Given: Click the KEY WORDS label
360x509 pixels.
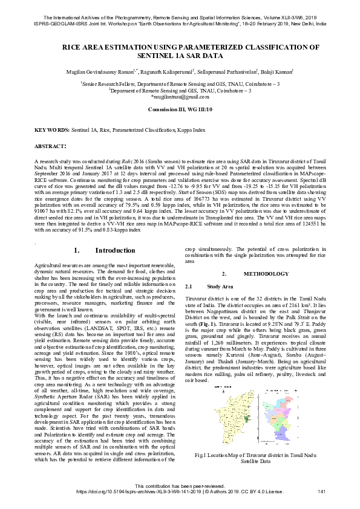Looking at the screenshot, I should pyautogui.click(x=51, y=130).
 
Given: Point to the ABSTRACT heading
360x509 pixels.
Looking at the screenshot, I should pyautogui.click(x=50, y=147).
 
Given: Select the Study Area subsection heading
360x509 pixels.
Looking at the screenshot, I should pyautogui.click(x=219, y=286).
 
